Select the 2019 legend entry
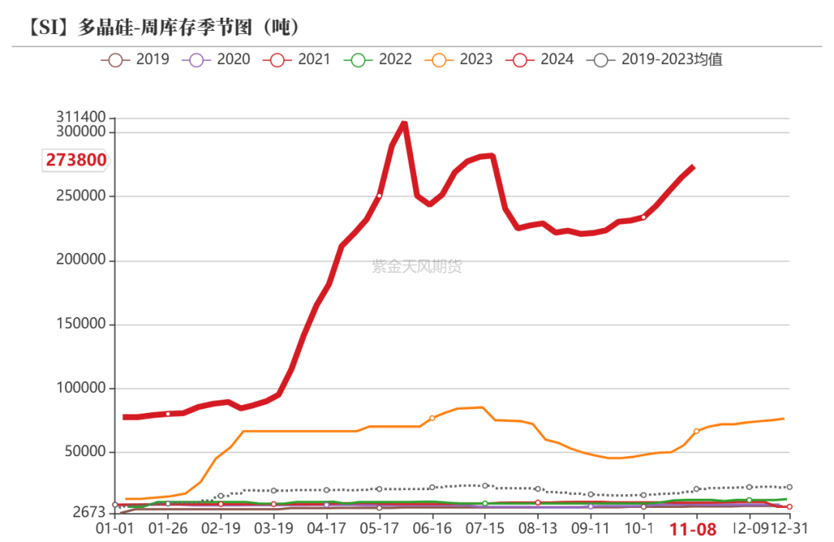point(136,59)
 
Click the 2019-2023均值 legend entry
point(656,59)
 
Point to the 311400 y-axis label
point(80,117)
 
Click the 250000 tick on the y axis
point(80,196)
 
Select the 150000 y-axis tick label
point(80,325)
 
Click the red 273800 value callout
point(76,160)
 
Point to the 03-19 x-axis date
point(273,529)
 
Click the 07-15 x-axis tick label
point(484,529)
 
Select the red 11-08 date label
point(693,530)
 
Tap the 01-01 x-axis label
point(115,529)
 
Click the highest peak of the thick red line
point(404,123)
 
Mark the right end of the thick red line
point(693,167)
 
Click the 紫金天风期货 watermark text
point(417,267)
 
